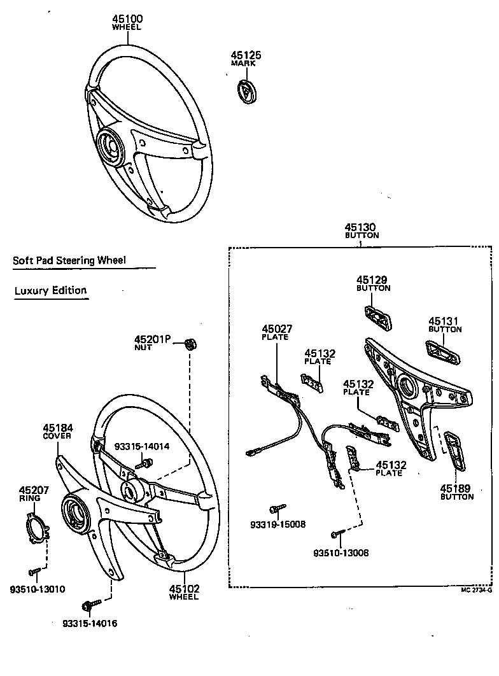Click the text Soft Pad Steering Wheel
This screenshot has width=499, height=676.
tap(69, 260)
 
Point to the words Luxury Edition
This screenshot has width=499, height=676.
tap(50, 291)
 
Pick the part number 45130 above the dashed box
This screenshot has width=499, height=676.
tap(360, 227)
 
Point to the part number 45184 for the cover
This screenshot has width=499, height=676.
tap(58, 428)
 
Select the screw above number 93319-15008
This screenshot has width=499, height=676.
tap(278, 509)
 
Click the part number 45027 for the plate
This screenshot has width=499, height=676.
tap(277, 329)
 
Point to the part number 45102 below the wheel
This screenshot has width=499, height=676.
tap(184, 589)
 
